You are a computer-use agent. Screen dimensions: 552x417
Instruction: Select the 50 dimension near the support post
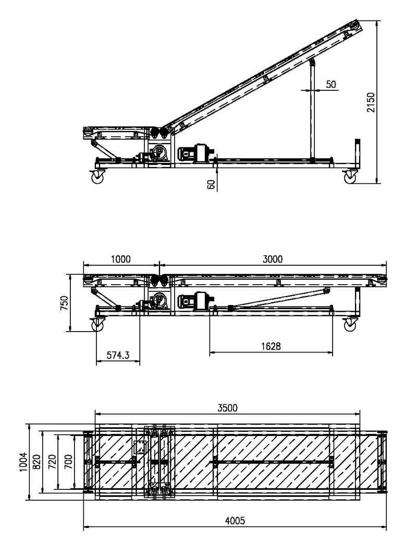pyautogui.click(x=332, y=84)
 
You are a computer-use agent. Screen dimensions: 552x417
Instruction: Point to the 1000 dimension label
pyautogui.click(x=120, y=259)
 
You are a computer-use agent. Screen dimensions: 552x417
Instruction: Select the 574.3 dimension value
pyautogui.click(x=118, y=356)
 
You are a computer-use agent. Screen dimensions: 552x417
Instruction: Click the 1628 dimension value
pyautogui.click(x=271, y=346)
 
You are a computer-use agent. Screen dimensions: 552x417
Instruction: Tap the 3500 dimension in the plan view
pyautogui.click(x=227, y=408)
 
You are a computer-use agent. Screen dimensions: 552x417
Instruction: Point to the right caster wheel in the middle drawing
pyautogui.click(x=349, y=325)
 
